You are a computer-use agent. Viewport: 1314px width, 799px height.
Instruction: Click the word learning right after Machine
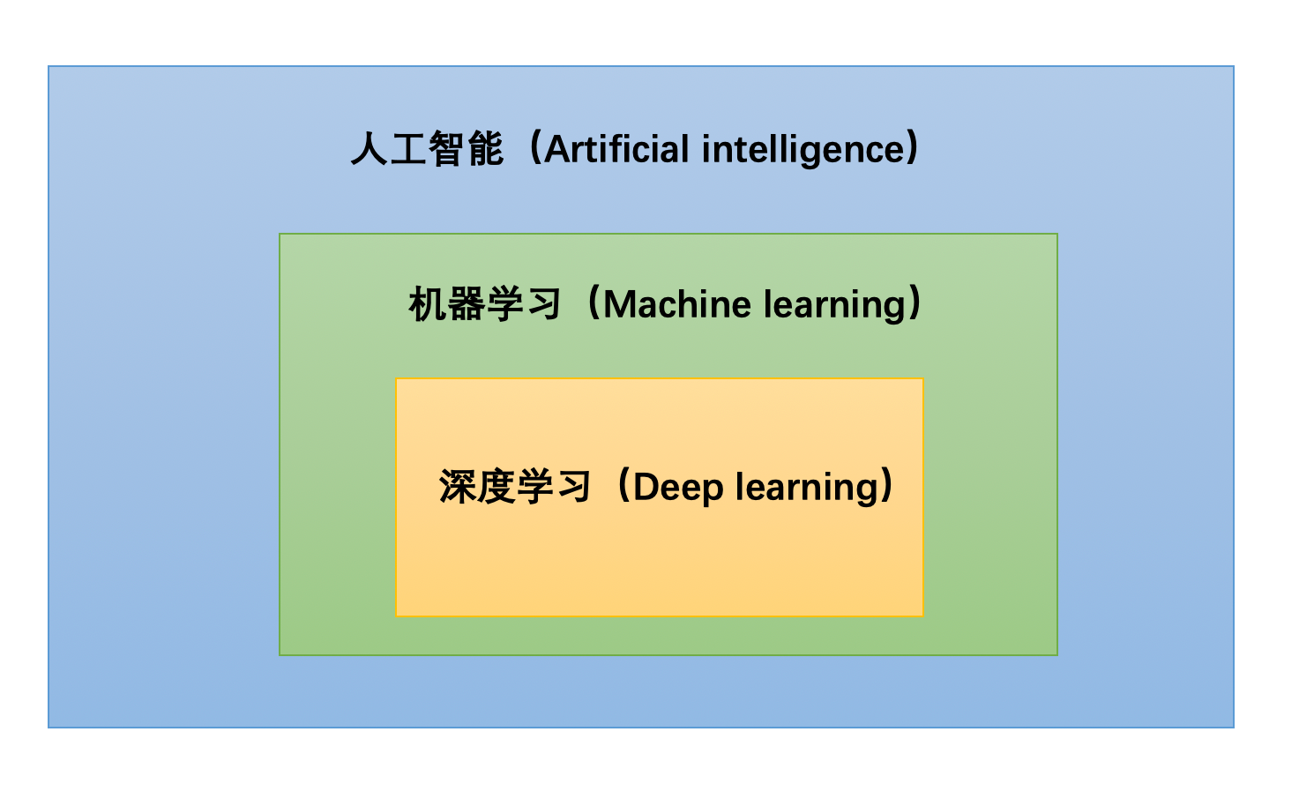point(835,305)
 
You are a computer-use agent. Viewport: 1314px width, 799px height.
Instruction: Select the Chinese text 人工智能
point(428,149)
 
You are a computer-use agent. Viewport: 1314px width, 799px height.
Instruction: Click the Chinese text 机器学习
point(485,305)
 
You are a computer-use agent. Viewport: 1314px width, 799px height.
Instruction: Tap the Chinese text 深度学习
point(515,487)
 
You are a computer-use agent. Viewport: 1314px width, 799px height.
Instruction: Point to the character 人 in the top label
point(370,149)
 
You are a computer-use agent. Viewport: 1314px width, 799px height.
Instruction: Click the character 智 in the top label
point(447,149)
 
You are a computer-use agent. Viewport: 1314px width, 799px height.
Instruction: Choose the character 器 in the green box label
point(466,305)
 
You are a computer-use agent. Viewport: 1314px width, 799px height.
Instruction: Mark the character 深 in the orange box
point(458,487)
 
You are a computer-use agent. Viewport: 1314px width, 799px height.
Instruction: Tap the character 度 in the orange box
point(496,487)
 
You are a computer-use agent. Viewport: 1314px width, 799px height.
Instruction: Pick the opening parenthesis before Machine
point(594,304)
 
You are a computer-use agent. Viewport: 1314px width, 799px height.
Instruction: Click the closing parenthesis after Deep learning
point(888,487)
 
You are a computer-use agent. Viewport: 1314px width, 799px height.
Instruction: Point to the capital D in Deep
point(645,488)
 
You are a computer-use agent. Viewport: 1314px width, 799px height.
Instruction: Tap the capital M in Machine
point(621,305)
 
